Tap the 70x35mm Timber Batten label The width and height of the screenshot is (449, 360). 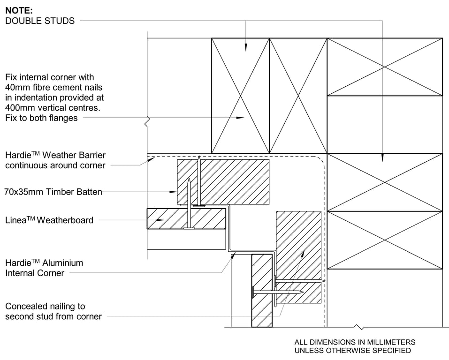pos(53,192)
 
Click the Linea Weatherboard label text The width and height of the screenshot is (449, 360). pos(49,220)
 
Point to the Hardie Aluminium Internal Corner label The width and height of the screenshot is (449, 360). pos(44,268)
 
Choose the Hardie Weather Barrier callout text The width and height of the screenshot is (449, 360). pos(55,160)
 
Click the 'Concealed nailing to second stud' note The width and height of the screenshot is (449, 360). pos(53,311)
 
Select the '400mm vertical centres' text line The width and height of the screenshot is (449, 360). pos(53,108)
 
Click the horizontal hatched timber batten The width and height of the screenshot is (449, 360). pos(223,182)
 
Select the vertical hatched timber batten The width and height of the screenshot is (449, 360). pos(298,257)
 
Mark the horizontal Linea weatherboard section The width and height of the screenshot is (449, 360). pos(186,218)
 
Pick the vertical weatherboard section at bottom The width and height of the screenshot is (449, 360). pos(262,291)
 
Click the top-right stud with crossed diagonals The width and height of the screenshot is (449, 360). pos(384,67)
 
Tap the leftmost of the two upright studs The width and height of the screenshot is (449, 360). pos(241,96)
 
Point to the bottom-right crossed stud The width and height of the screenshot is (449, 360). pos(384,240)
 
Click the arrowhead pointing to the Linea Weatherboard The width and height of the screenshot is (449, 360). pos(162,219)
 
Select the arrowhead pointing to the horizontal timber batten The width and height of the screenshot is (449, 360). pos(173,191)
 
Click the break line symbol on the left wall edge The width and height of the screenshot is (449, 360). pos(147,121)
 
